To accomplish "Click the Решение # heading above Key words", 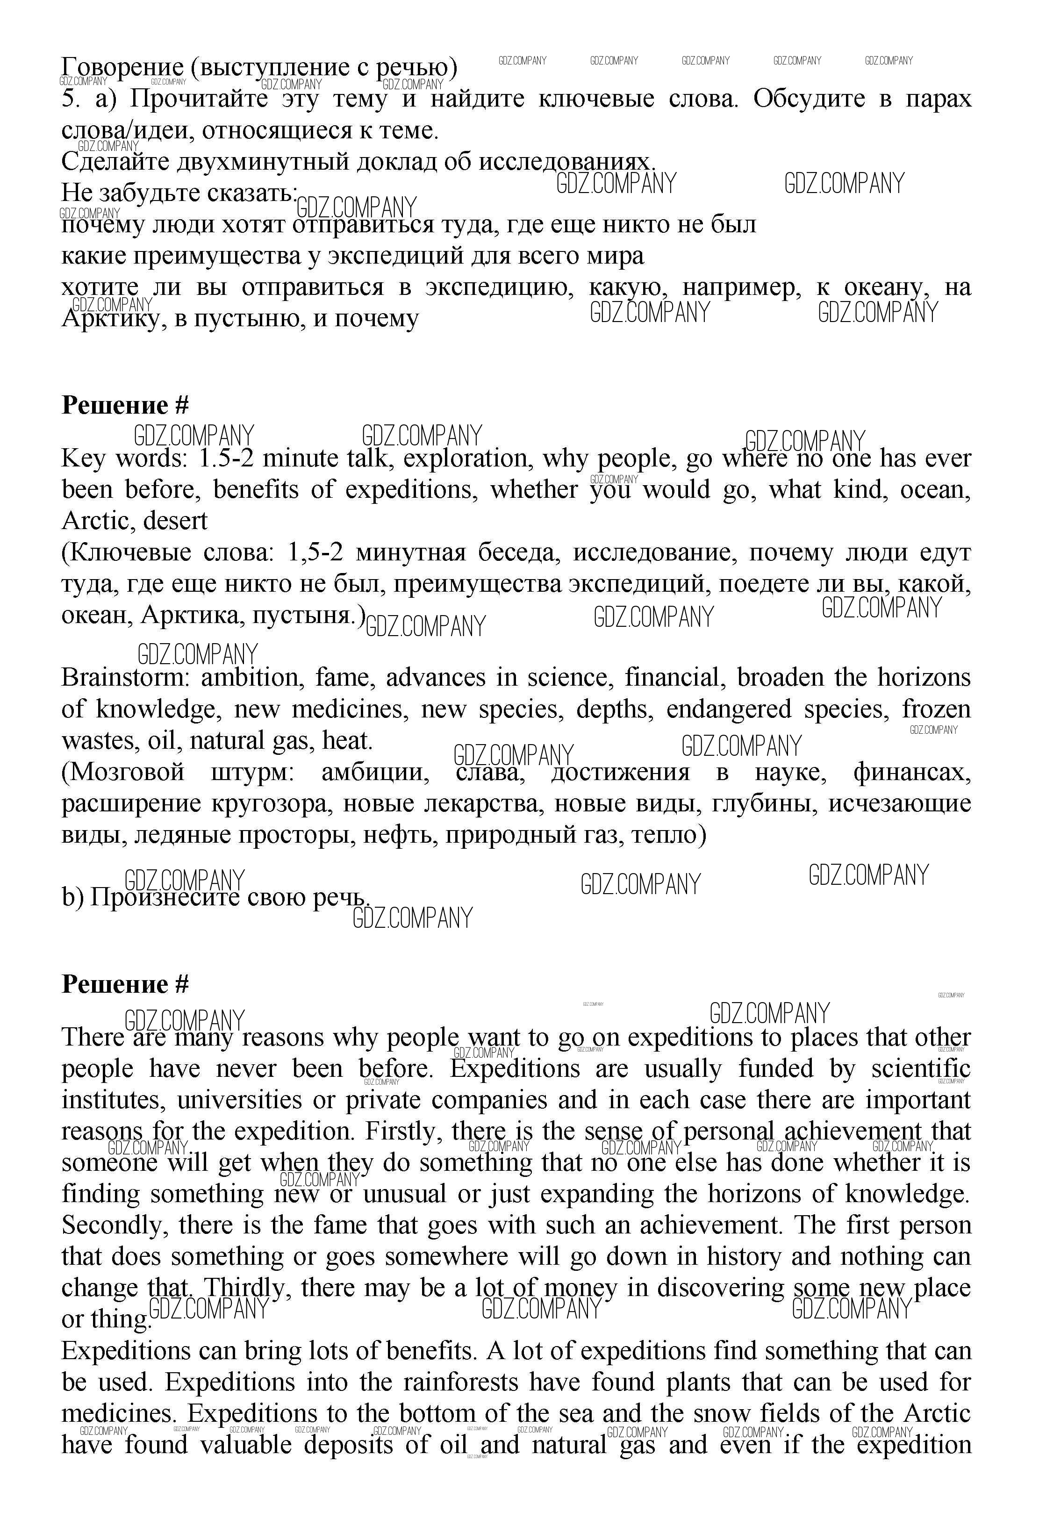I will coord(125,405).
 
